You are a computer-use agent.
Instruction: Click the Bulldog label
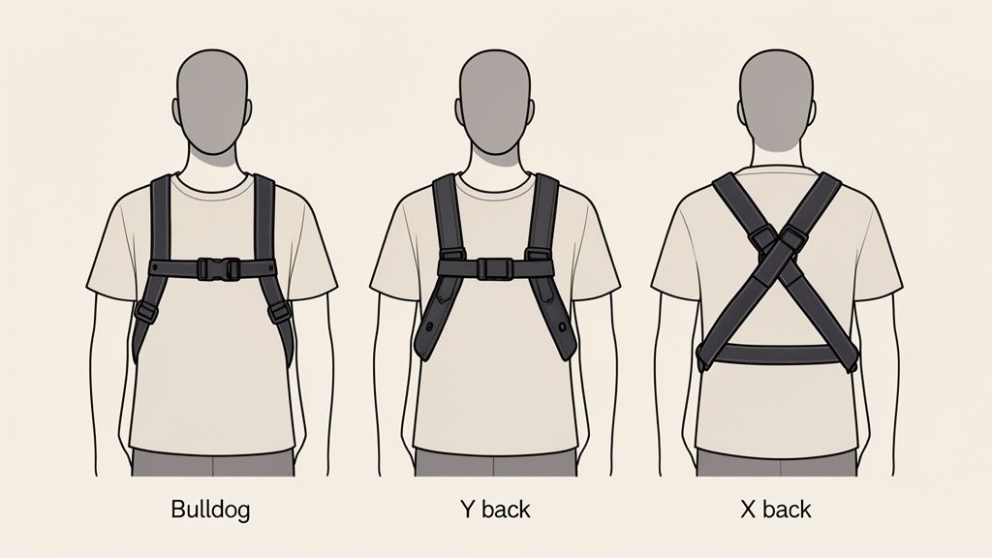click(211, 509)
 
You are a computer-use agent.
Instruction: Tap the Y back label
click(494, 509)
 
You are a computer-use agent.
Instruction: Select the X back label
click(774, 509)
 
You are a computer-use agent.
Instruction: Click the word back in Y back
click(506, 509)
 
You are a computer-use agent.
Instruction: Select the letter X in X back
click(746, 509)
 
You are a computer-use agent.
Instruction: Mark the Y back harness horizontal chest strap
click(455, 268)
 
